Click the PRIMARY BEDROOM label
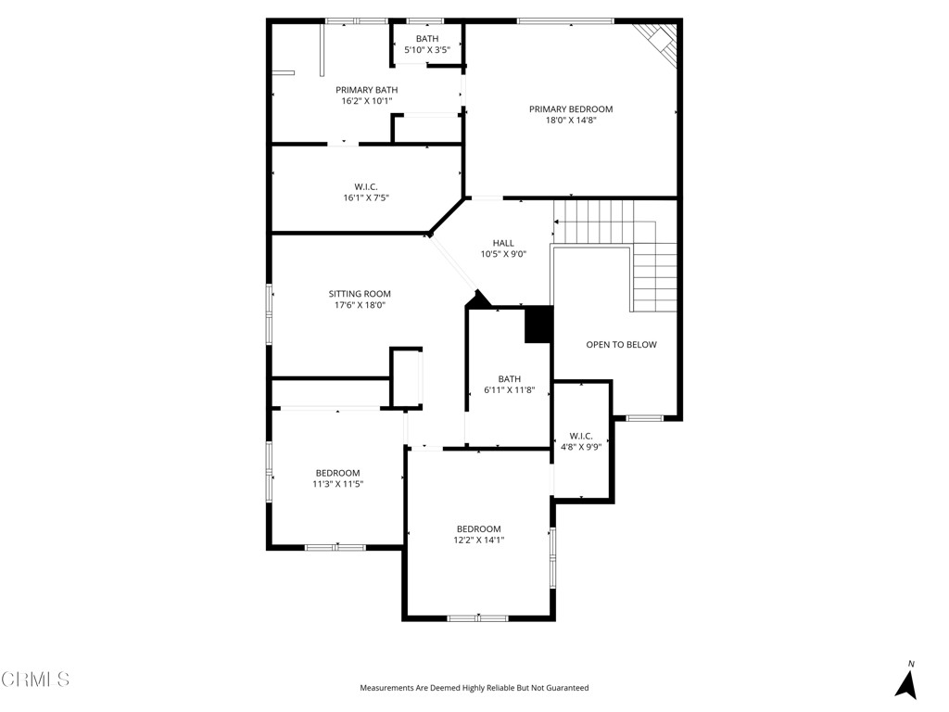pyautogui.click(x=571, y=108)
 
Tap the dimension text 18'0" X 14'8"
pyautogui.click(x=571, y=120)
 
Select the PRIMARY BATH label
pyautogui.click(x=366, y=90)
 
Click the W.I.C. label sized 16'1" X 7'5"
pyautogui.click(x=366, y=186)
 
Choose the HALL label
pyautogui.click(x=503, y=243)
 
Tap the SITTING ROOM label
pyautogui.click(x=360, y=294)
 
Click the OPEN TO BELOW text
pyautogui.click(x=621, y=345)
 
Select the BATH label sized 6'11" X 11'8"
pyautogui.click(x=509, y=378)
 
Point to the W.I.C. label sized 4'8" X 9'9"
pyautogui.click(x=581, y=436)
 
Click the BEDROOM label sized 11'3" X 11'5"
pyautogui.click(x=337, y=473)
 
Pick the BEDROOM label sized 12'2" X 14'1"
pyautogui.click(x=478, y=529)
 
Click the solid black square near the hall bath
pyautogui.click(x=538, y=324)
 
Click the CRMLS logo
pyautogui.click(x=35, y=680)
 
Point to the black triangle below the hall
pyautogui.click(x=478, y=299)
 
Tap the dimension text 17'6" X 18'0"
pyautogui.click(x=360, y=305)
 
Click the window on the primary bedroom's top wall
pyautogui.click(x=565, y=20)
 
